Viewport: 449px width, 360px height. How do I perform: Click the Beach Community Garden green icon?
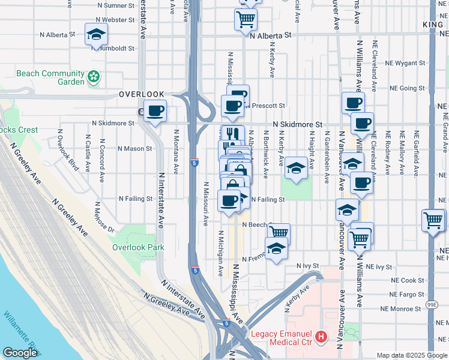tap(93, 77)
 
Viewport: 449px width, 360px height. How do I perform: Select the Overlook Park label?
tap(138, 247)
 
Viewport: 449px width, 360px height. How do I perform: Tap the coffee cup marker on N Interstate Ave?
tap(155, 111)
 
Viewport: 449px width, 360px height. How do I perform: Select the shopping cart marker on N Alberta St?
tap(245, 20)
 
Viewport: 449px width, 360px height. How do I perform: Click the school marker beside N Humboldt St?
tap(95, 35)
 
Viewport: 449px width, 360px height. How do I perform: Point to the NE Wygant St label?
tap(406, 62)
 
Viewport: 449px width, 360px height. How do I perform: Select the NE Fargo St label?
tap(406, 295)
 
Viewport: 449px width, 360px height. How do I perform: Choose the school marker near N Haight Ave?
tap(296, 169)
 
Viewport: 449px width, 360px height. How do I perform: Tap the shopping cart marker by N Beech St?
tap(279, 232)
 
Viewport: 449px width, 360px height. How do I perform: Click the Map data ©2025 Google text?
tap(411, 355)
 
